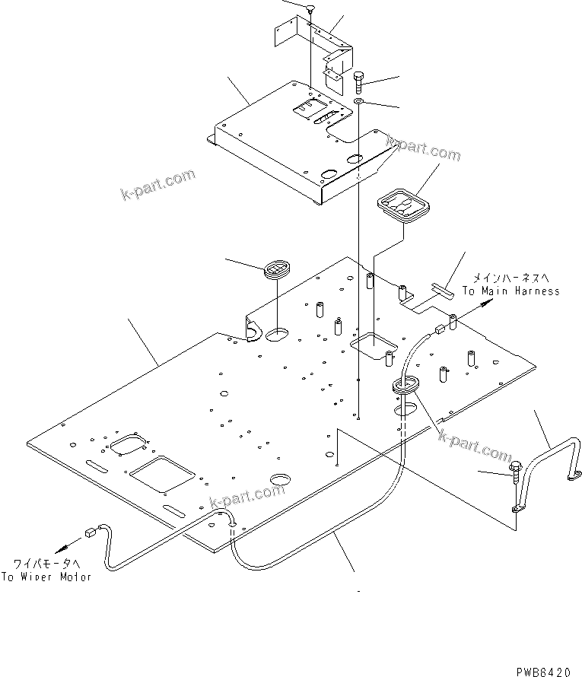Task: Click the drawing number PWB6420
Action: (x=542, y=672)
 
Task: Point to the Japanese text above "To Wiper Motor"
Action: (x=46, y=564)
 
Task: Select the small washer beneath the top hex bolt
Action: (x=359, y=100)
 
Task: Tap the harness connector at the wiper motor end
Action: (x=91, y=533)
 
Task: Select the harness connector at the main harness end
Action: (x=440, y=329)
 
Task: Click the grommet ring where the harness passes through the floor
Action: (x=405, y=386)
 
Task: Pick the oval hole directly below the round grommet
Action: (x=278, y=332)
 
